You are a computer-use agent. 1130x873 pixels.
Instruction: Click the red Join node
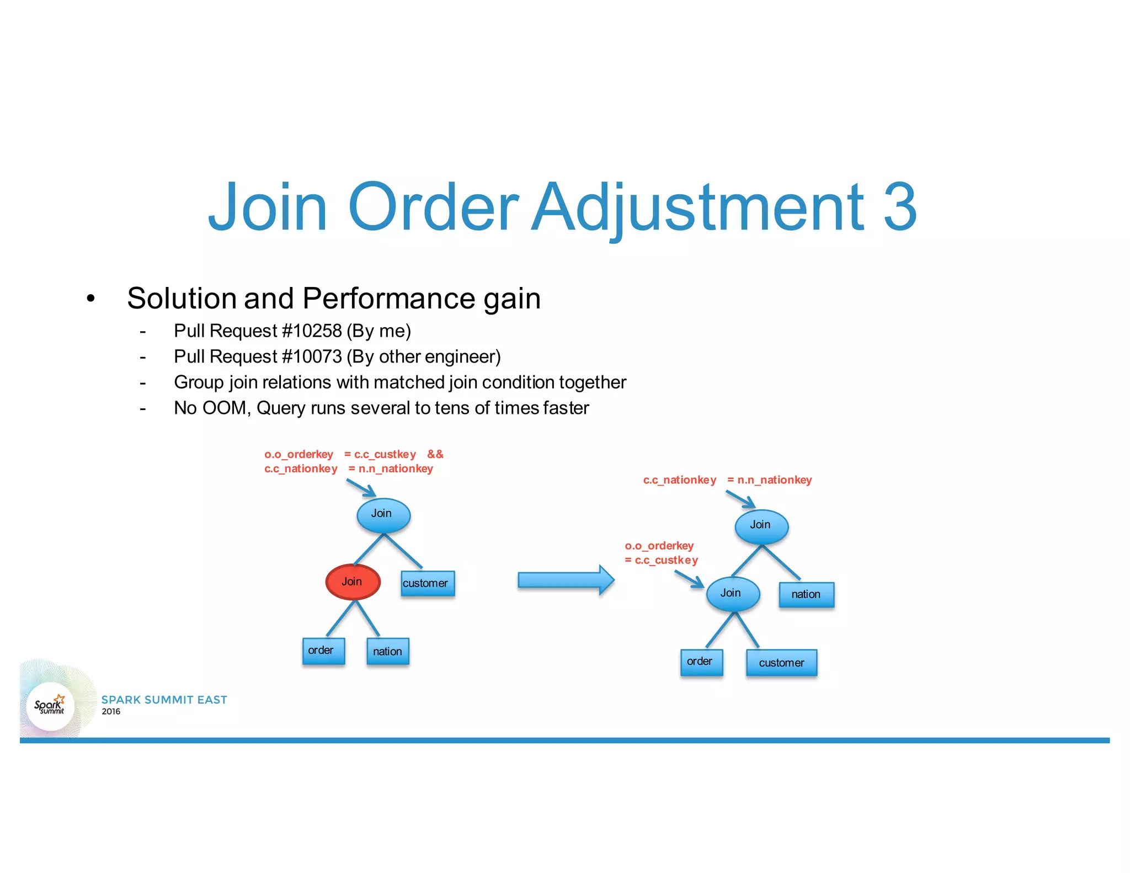(x=353, y=582)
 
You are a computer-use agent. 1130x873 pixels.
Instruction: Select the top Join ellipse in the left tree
(x=383, y=514)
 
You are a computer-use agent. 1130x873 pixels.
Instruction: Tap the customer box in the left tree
(x=428, y=583)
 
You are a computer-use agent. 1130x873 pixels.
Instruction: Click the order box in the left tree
(x=323, y=651)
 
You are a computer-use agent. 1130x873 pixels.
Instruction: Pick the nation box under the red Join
(x=387, y=652)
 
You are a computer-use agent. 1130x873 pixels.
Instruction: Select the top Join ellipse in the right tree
(x=761, y=525)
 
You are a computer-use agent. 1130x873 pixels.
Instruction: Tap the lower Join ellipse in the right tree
(x=732, y=593)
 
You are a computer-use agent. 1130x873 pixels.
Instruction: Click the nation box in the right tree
(x=806, y=594)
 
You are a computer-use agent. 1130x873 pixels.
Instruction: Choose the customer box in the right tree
(x=781, y=663)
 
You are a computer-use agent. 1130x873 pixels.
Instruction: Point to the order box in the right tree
(x=701, y=662)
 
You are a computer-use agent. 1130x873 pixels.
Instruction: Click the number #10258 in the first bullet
(x=312, y=331)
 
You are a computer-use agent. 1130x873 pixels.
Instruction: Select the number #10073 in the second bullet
(x=312, y=357)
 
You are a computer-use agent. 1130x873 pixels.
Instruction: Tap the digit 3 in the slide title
(x=899, y=207)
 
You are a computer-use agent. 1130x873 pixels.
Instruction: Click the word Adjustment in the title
(x=697, y=207)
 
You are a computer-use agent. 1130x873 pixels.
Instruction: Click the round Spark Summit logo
(x=50, y=706)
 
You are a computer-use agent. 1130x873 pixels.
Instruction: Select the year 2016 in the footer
(x=111, y=712)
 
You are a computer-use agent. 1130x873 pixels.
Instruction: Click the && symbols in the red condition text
(x=435, y=454)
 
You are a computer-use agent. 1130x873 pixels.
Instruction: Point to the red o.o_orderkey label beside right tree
(x=659, y=546)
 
